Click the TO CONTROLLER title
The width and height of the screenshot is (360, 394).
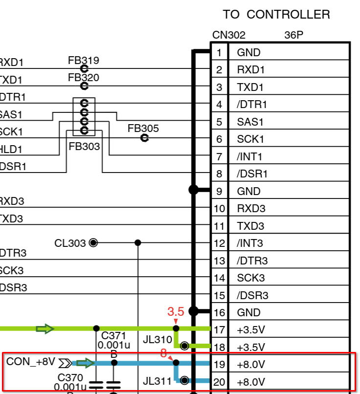tap(276, 15)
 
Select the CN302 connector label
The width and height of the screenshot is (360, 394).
tap(228, 35)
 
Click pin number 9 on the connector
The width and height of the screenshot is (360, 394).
tap(219, 192)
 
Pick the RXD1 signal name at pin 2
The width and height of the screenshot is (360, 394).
tap(250, 70)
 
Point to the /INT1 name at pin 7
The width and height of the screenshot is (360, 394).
tap(249, 157)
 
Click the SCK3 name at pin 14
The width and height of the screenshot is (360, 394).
tap(250, 278)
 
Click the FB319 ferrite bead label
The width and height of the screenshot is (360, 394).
tap(84, 61)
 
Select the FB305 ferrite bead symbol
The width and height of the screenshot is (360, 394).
tap(144, 138)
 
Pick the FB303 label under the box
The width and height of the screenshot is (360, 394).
tap(84, 146)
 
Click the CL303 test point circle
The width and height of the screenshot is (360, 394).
tap(93, 243)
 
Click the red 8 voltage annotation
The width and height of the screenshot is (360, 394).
tap(163, 353)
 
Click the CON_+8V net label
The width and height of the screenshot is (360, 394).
tap(30, 362)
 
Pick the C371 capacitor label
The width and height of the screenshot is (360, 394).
tap(113, 336)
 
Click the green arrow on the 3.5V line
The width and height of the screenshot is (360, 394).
tap(45, 328)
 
